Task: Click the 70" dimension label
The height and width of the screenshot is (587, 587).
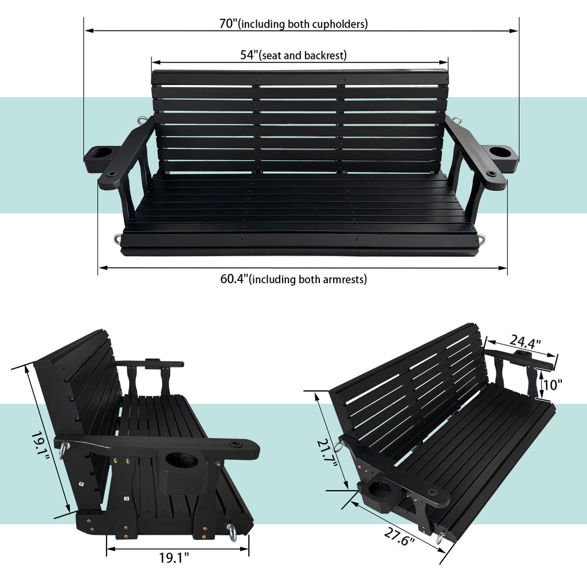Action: pos(228,24)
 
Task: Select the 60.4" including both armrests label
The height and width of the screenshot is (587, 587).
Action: pos(234,279)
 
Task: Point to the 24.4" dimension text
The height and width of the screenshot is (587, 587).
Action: pos(525,342)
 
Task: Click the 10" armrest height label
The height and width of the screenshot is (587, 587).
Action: pos(553,385)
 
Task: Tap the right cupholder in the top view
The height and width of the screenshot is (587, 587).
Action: pos(500,153)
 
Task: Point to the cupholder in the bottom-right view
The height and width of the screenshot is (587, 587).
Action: pos(378,490)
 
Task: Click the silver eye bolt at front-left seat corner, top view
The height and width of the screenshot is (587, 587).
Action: pos(118,239)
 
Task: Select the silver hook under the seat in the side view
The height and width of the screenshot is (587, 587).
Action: pos(232,533)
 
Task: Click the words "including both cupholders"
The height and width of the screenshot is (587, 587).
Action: pos(303,24)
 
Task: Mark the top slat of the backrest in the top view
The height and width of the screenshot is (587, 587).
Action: pos(299,77)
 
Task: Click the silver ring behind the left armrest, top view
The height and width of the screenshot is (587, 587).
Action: pos(142,120)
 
